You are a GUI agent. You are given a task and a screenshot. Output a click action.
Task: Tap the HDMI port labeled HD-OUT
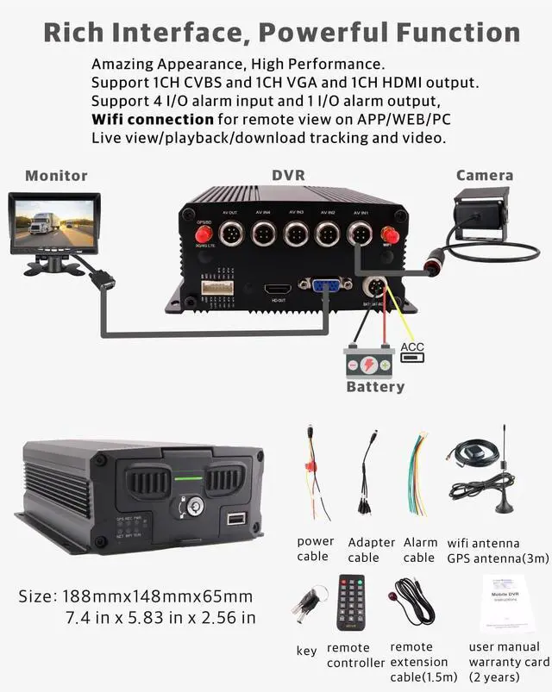(277, 289)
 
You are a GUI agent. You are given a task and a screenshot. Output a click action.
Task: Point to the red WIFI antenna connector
(388, 234)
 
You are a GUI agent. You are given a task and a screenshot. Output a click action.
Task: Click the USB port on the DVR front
(234, 520)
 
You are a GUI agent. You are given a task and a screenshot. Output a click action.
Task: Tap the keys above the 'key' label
(307, 606)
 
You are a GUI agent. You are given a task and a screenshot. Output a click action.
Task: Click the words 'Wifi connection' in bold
(153, 119)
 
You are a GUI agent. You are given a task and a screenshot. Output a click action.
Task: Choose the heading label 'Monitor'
(56, 176)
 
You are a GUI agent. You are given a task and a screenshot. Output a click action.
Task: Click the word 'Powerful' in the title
(315, 34)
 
